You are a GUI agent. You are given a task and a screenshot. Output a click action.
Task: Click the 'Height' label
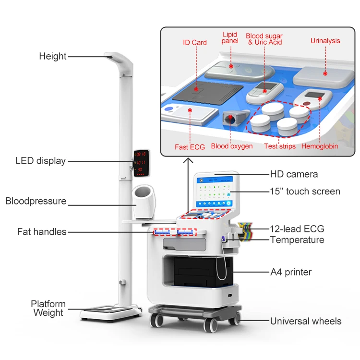pos(52,56)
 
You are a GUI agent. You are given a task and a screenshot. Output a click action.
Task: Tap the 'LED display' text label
pos(40,161)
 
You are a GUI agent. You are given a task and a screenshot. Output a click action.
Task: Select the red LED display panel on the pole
pos(141,162)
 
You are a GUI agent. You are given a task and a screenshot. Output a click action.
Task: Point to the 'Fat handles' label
pos(42,232)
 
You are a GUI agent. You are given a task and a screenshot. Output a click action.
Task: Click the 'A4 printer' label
pos(291,272)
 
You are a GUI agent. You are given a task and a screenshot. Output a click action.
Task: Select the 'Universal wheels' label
pos(306,321)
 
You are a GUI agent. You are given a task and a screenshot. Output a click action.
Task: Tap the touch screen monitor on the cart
pos(216,192)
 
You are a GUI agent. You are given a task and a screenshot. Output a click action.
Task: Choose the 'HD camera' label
pos(294,174)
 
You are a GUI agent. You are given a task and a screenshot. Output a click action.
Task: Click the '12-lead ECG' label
pos(297,229)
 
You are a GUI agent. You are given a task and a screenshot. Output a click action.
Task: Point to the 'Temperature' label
pos(297,240)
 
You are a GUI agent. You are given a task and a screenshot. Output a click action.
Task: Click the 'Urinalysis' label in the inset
pos(325,41)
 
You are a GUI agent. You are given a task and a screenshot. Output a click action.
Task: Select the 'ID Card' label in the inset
pos(195,42)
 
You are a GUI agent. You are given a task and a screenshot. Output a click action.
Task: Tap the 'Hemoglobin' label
pos(320,146)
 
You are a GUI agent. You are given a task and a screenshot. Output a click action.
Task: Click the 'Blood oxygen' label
pos(232,146)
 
